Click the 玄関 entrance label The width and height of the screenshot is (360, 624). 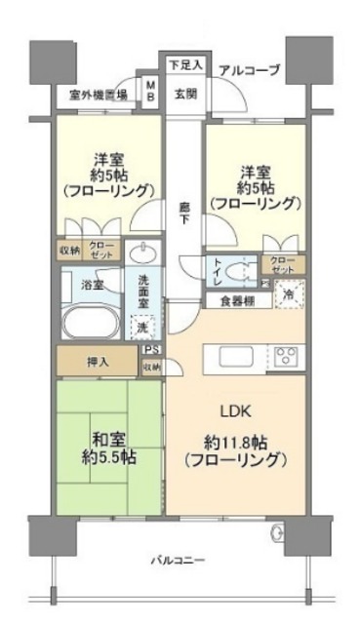(185, 95)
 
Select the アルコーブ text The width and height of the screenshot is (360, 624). (250, 70)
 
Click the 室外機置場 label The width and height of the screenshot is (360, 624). (100, 97)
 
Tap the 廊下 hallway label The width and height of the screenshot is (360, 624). (183, 214)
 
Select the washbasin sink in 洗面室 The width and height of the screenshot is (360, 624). (143, 254)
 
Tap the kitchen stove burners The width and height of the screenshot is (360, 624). (287, 354)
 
